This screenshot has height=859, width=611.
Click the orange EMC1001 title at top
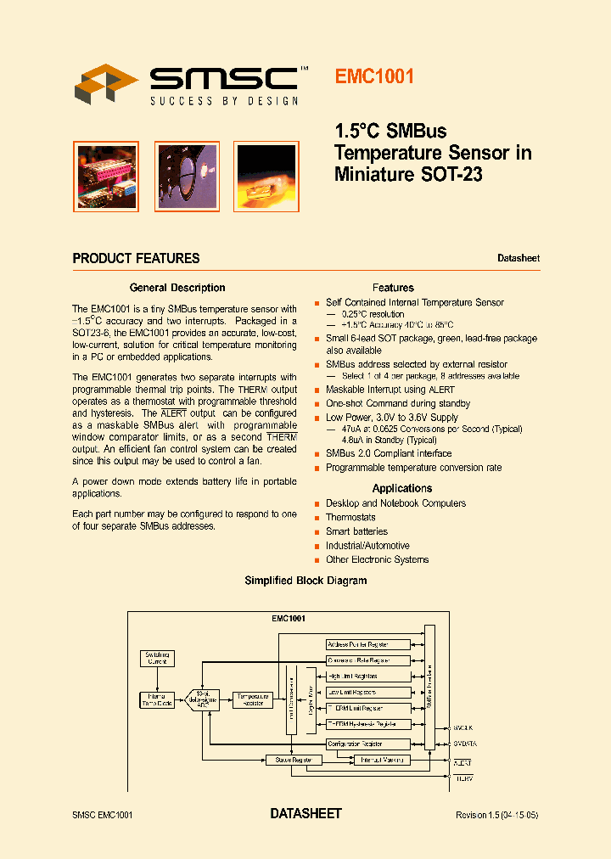(374, 76)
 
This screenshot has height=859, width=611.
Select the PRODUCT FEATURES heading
(136, 259)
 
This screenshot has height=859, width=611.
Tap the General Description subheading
(177, 288)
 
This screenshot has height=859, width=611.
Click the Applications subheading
(402, 488)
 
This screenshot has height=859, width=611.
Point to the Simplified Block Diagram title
(305, 581)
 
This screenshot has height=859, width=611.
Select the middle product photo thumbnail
(187, 176)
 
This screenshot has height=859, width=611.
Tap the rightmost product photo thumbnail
(266, 176)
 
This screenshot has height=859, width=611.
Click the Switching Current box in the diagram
(158, 658)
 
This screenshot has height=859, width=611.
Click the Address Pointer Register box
(368, 644)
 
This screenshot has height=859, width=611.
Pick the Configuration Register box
(368, 744)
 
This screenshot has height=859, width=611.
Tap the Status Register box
(294, 760)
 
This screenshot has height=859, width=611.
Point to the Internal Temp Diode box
(157, 699)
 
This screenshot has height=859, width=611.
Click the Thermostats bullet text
(350, 517)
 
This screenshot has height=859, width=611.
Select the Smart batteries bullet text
(356, 531)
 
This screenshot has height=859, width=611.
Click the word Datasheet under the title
(518, 258)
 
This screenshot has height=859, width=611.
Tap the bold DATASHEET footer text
(305, 814)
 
